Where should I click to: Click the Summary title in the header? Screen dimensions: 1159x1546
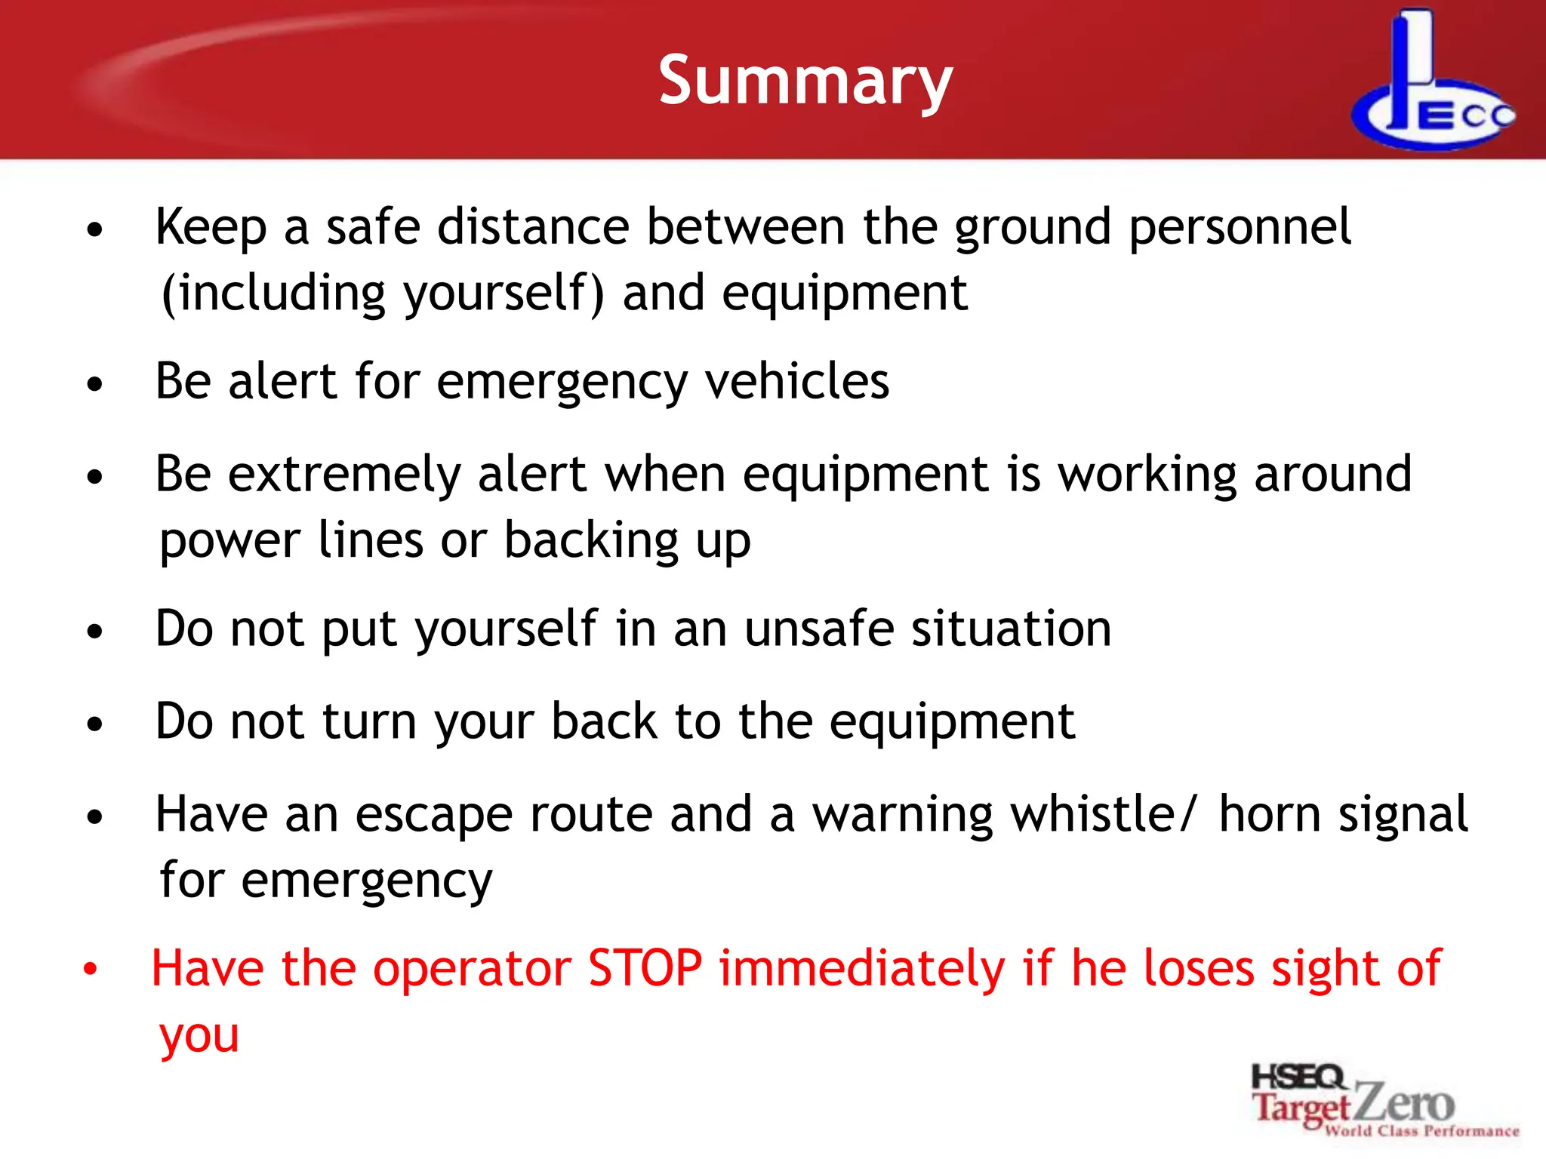(805, 81)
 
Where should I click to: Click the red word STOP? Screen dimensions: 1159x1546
(645, 969)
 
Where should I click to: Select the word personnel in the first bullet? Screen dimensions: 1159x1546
(1240, 227)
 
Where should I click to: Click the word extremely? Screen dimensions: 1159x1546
(343, 475)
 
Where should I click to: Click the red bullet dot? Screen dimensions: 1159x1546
(91, 970)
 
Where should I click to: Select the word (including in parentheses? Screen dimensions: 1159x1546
(273, 294)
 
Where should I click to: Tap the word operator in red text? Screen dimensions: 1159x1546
(472, 969)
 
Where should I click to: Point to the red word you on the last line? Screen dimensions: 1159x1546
(199, 1037)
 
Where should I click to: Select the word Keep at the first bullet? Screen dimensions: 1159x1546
(211, 227)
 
